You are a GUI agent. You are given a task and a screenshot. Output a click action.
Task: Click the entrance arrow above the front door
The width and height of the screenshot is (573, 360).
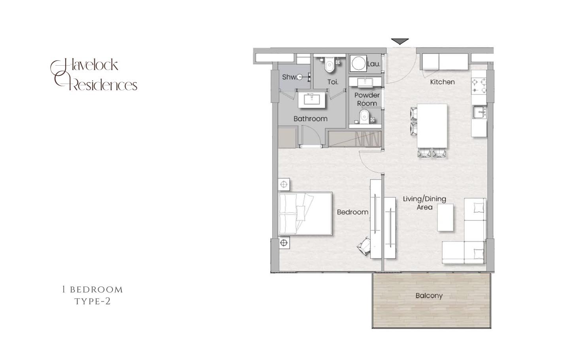(400, 41)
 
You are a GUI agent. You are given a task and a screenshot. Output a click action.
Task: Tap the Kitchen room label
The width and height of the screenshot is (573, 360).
(442, 82)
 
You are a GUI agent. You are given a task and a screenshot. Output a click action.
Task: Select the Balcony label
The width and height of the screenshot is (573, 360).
(429, 296)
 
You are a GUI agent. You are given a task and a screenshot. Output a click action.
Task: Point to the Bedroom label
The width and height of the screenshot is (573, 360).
(352, 212)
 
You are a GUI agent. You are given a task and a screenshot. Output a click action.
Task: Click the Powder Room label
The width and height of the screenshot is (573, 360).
(367, 99)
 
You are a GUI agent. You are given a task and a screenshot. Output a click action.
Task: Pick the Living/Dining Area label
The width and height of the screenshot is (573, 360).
(424, 203)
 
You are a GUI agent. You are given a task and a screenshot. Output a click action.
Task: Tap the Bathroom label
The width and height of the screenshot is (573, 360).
(310, 119)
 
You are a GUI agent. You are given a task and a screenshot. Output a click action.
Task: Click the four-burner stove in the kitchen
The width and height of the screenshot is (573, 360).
(479, 86)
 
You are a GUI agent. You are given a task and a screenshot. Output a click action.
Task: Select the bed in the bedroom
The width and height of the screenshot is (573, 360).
(305, 214)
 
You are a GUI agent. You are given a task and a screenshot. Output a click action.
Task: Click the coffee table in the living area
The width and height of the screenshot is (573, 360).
(445, 217)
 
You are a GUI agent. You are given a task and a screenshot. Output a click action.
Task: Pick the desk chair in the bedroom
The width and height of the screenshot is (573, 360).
(364, 246)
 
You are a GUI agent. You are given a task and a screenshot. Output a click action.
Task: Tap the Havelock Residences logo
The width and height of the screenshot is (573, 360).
(94, 75)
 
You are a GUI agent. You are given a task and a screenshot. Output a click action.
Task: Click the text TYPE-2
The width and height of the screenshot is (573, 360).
(92, 302)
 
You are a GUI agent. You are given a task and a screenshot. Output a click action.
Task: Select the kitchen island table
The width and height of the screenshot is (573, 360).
(432, 126)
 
